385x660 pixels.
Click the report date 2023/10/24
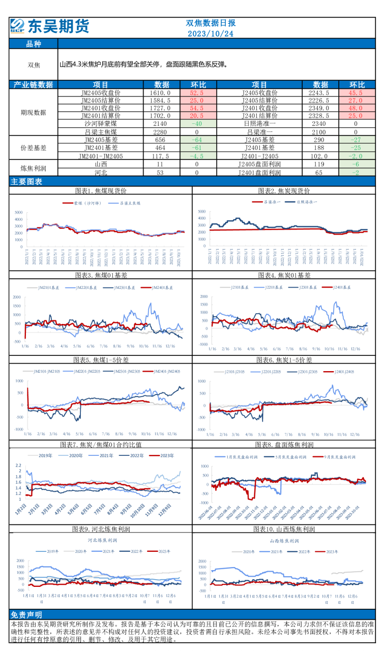(211, 34)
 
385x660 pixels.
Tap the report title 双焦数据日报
(211, 23)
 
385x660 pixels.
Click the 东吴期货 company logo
(49, 26)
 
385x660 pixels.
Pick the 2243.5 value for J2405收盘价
(319, 93)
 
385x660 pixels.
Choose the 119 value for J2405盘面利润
(319, 164)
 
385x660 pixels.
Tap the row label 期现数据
(33, 112)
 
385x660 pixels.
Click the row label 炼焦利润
(33, 168)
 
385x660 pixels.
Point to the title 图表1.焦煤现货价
(100, 191)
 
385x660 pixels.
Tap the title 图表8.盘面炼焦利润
(284, 445)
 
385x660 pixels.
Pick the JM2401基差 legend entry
(163, 287)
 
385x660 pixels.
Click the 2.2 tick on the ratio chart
(19, 466)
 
